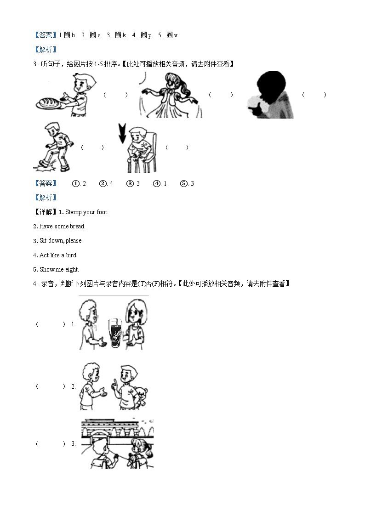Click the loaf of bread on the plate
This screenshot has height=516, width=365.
tap(50, 102)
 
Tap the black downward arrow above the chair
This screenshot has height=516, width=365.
tap(122, 132)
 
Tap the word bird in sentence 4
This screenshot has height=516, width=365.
tap(71, 255)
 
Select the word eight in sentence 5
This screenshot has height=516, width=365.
tap(72, 270)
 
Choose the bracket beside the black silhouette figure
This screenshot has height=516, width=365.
tap(314, 95)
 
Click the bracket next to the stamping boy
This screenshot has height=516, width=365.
tap(92, 147)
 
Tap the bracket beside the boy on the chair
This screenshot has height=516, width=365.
tap(177, 147)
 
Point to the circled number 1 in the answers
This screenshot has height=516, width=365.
tap(76, 184)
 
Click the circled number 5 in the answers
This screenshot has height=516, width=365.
tap(184, 184)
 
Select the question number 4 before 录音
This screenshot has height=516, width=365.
tap(35, 284)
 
